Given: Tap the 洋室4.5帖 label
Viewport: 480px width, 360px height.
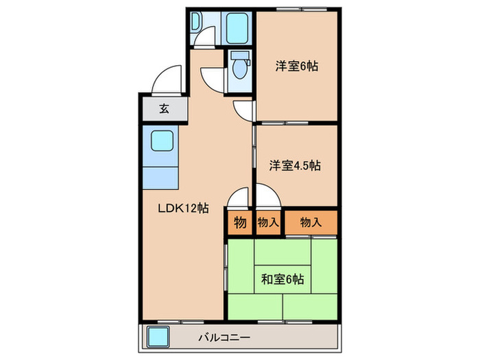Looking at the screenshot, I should click(x=296, y=165).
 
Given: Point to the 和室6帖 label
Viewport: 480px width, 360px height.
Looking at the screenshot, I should click(x=283, y=279).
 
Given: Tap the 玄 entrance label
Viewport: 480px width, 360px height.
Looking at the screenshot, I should click(x=165, y=108).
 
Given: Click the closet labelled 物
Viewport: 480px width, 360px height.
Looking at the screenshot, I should click(x=240, y=222).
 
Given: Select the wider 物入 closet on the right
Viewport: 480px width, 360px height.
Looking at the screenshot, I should click(x=311, y=222).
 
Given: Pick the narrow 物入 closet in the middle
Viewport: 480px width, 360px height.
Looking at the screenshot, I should click(x=267, y=222).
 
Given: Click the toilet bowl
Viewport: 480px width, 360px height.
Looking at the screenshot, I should click(x=239, y=67).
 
